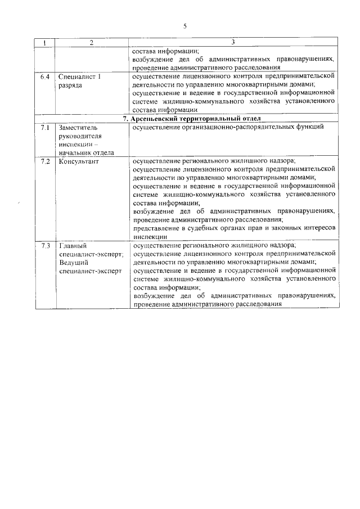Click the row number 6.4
coord(45,76)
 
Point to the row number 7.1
coord(45,128)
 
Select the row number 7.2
coord(45,161)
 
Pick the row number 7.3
coord(45,246)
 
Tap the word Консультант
coord(79,161)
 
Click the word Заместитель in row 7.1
coord(78,128)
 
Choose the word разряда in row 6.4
coord(70,84)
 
